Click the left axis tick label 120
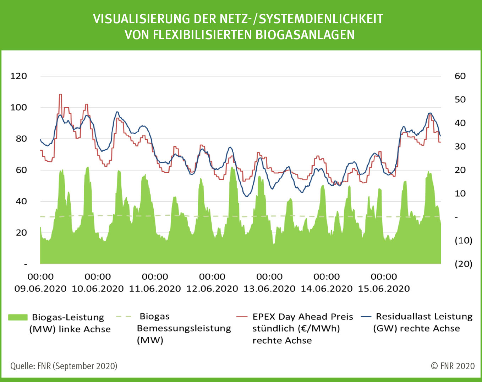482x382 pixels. (18, 76)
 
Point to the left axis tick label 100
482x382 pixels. (18, 107)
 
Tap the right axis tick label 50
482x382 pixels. (460, 99)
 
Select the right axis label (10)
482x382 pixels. (463, 241)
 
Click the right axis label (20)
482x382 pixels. (463, 264)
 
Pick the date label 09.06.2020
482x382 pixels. (40, 289)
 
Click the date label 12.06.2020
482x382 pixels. (212, 289)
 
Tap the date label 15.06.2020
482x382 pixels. (384, 289)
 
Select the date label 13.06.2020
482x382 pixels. (269, 289)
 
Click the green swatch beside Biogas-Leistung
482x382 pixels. (18, 317)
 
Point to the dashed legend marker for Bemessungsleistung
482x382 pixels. (124, 316)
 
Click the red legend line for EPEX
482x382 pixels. (242, 316)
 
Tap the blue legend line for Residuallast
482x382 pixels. (366, 316)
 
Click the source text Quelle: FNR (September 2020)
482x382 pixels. (64, 366)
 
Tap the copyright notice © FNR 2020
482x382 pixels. (453, 366)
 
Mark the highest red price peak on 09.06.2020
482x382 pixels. (60, 95)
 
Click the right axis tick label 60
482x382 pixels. (460, 76)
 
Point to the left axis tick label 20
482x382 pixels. (21, 233)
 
